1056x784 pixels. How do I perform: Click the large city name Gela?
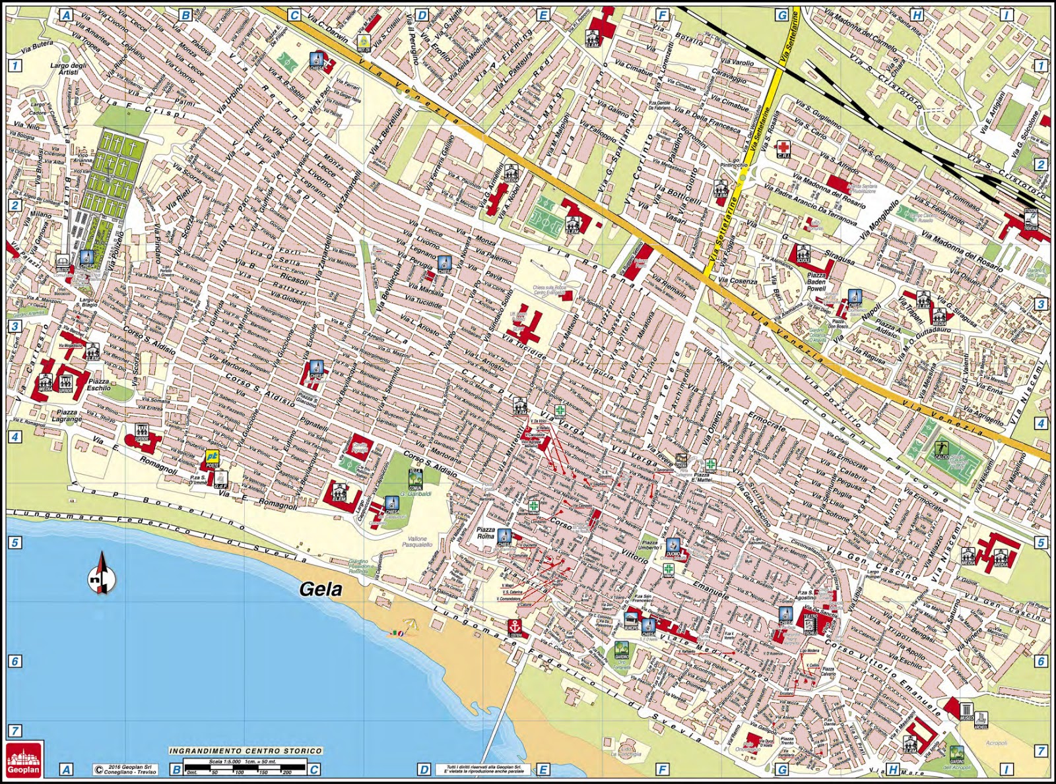coord(321,588)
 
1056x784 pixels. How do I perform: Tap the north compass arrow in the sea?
coord(102,573)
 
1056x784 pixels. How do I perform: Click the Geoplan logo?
coord(24,758)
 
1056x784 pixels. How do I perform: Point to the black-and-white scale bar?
coord(245,766)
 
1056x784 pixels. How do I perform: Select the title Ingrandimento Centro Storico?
coord(246,750)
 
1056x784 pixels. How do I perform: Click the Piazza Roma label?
coord(486,533)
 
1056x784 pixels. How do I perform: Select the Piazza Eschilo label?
coord(99,384)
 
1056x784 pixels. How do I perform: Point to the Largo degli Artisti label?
coord(68,69)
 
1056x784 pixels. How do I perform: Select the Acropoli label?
coord(997,743)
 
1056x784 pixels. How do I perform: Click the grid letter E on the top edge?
coord(543,15)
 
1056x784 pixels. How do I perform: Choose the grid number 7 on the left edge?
coord(15,730)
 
